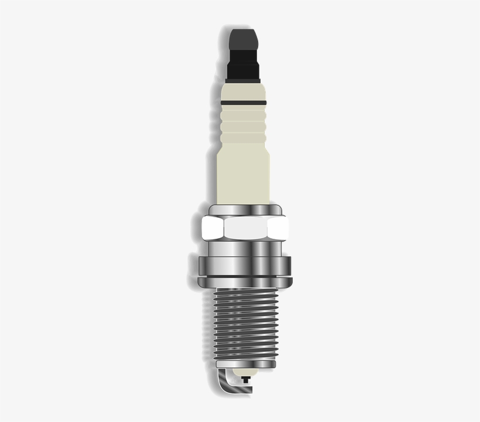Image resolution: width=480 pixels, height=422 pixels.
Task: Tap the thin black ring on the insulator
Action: click(x=244, y=103)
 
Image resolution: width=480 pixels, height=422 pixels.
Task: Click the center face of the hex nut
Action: click(x=246, y=228)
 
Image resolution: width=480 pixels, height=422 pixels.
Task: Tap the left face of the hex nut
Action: click(x=211, y=228)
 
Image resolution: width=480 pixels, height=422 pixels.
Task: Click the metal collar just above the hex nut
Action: click(x=245, y=210)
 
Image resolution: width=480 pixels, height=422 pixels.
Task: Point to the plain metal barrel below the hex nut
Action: click(x=244, y=249)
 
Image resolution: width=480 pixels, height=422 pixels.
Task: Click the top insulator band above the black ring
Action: click(x=244, y=91)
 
